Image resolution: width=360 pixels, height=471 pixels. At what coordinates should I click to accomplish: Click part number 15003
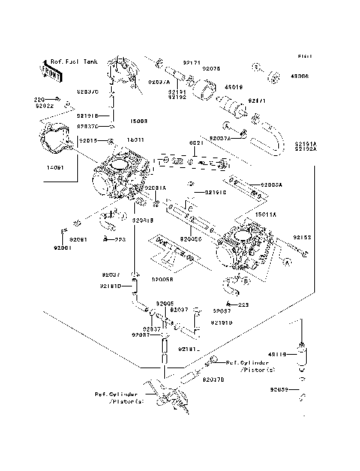point(139,120)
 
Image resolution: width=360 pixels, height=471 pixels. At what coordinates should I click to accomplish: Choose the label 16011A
point(265,214)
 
